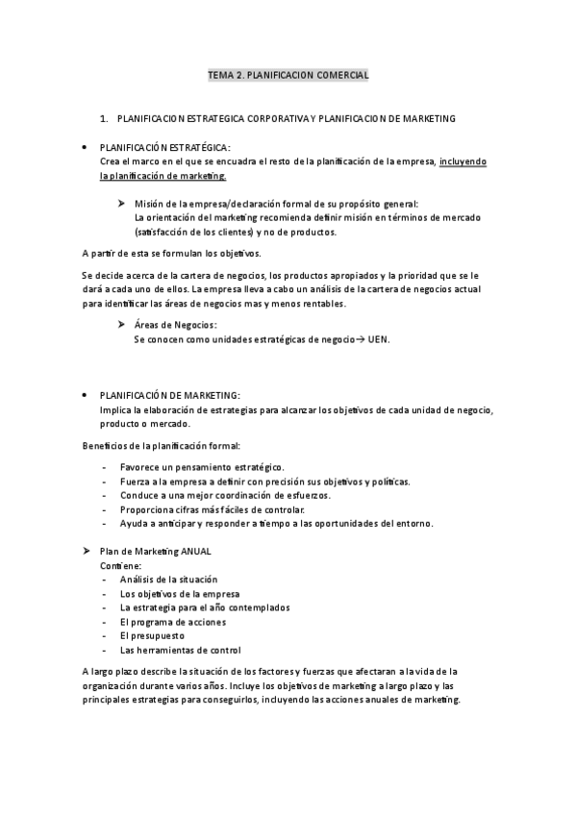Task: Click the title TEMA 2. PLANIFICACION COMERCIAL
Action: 288,74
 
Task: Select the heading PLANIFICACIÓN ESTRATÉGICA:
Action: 164,148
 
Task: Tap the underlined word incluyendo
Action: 463,161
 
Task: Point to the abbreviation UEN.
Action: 378,339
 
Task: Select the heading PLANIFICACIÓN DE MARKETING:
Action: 169,396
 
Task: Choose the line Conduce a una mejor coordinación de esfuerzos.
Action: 225,495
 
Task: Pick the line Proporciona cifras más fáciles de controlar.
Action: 212,509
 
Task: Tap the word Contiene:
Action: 120,565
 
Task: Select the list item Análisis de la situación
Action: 168,580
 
